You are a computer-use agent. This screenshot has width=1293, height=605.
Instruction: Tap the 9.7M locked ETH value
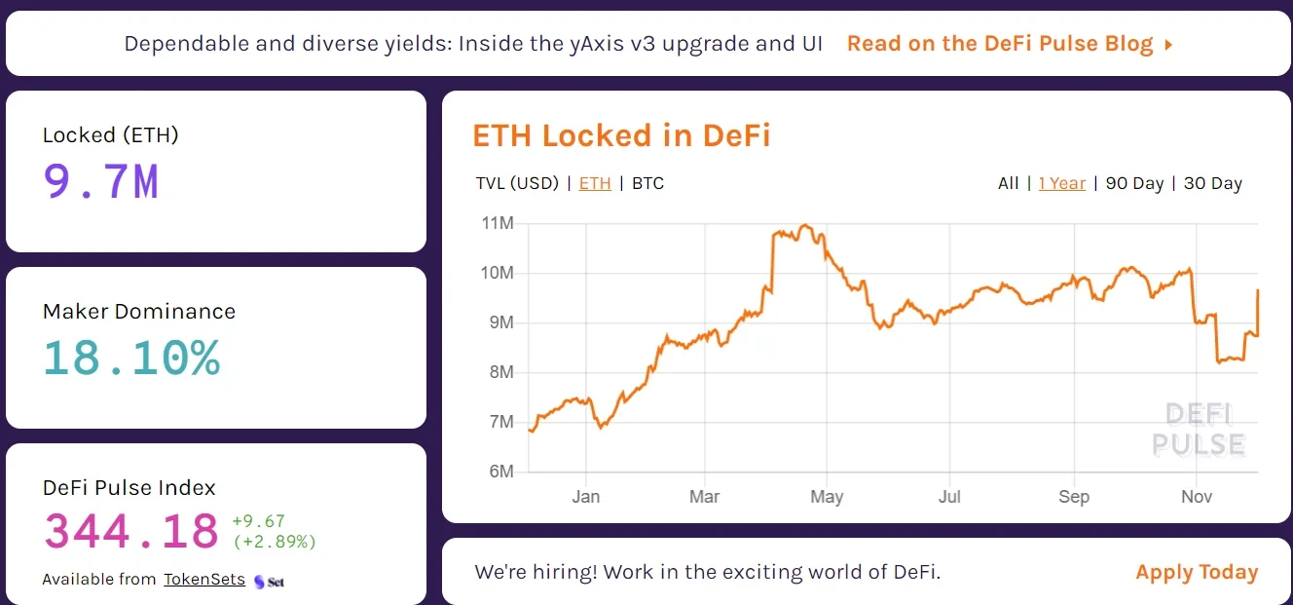[x=101, y=181]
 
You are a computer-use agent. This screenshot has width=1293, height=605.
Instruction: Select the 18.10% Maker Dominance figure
[x=131, y=358]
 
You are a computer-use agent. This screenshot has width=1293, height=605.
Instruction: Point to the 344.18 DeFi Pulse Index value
[x=131, y=532]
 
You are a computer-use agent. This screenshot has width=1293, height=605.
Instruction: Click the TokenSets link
[x=204, y=579]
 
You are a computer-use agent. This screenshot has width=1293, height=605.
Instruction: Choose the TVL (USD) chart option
[x=517, y=183]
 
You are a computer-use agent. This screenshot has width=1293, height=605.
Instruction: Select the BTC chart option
[x=647, y=183]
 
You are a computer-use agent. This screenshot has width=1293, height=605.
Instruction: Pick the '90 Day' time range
[x=1134, y=183]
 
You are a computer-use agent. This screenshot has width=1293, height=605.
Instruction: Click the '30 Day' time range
[x=1213, y=183]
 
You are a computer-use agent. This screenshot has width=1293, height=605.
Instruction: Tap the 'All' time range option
[x=1009, y=183]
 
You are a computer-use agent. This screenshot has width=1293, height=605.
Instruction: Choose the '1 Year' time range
[x=1061, y=183]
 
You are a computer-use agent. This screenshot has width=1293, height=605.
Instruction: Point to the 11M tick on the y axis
[x=498, y=224]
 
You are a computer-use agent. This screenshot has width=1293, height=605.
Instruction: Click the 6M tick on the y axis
[x=500, y=472]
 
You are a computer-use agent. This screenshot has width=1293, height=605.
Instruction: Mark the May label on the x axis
[x=827, y=497]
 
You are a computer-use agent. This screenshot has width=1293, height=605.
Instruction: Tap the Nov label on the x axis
[x=1197, y=497]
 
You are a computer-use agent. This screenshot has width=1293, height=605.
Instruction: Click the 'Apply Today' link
[x=1197, y=572]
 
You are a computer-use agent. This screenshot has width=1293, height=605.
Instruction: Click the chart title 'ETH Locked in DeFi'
[x=621, y=135]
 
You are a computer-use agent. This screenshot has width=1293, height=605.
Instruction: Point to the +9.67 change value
[x=258, y=521]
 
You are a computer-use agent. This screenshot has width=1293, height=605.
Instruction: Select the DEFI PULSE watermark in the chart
[x=1199, y=430]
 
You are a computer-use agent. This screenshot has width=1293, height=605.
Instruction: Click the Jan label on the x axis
[x=586, y=497]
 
